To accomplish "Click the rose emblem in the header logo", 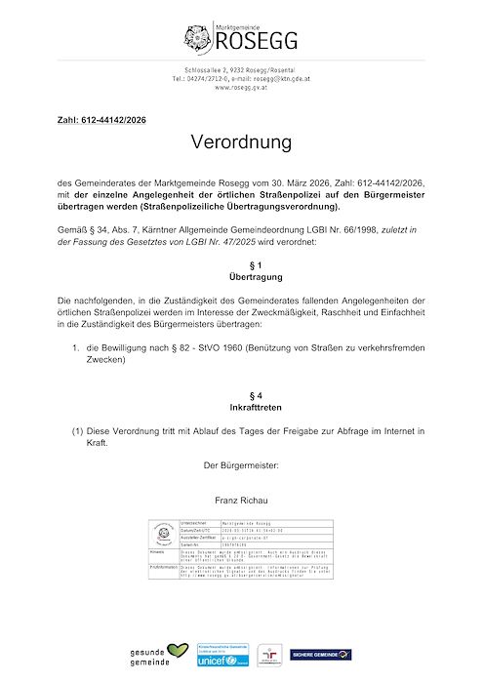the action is [x=196, y=38].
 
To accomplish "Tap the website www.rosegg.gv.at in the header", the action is [x=241, y=88].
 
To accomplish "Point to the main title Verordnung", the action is [x=241, y=142].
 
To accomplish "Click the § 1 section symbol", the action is [x=241, y=264].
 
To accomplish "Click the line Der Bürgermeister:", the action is [x=241, y=465].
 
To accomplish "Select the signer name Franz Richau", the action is [x=241, y=501].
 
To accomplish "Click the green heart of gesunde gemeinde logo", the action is [x=176, y=648].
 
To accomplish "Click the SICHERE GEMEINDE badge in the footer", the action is [x=321, y=654].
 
